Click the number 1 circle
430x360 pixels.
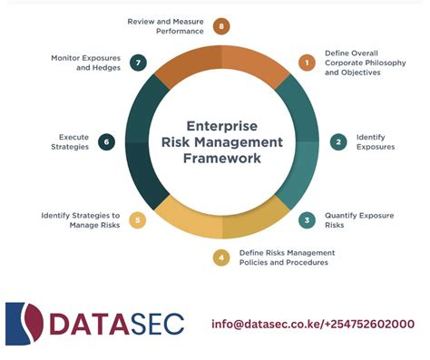[x=307, y=63]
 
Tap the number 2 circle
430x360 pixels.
[x=339, y=141]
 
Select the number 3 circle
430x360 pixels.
[x=307, y=219]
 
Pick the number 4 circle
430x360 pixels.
[x=221, y=258]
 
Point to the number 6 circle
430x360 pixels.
[x=106, y=141]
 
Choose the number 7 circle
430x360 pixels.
[x=138, y=63]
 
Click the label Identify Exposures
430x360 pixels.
[x=375, y=141]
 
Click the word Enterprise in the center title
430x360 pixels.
[x=221, y=125]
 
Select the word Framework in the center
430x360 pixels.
[x=221, y=158]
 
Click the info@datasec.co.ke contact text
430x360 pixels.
[x=313, y=324]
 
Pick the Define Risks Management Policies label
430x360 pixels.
[x=283, y=258]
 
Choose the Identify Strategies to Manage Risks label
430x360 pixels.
[x=81, y=219]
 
